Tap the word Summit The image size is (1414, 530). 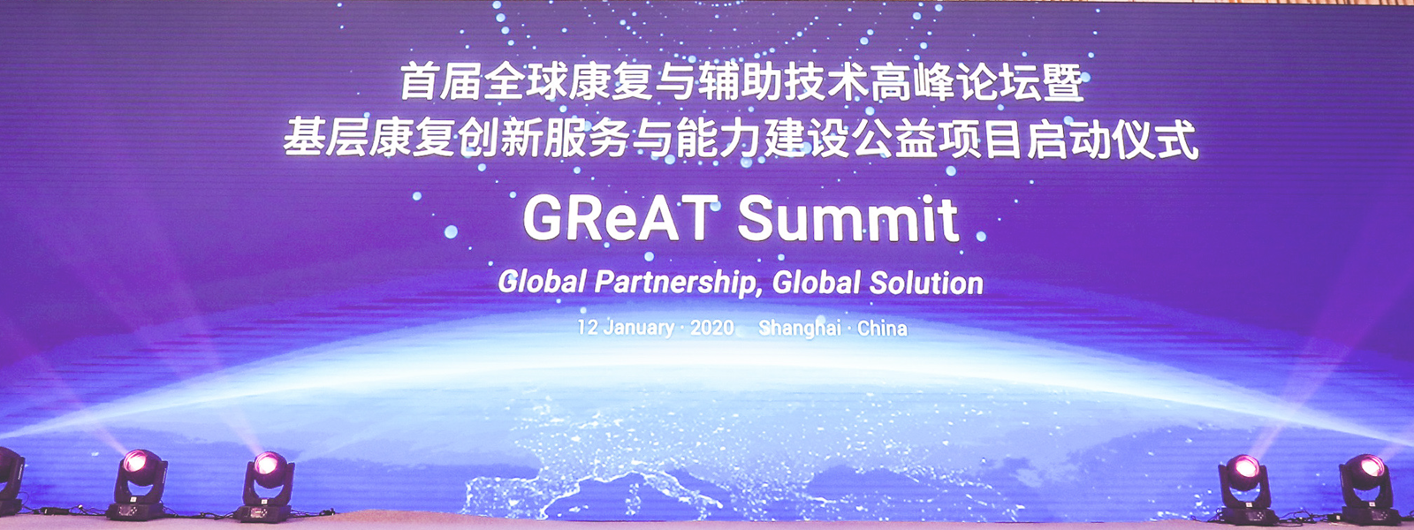[x=848, y=219]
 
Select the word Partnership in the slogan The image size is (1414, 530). [x=673, y=282]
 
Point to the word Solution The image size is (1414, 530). [x=926, y=283]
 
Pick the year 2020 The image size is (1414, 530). [x=712, y=328]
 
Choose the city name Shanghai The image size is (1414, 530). [x=800, y=329]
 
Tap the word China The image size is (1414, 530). [x=882, y=328]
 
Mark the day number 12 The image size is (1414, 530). [x=587, y=328]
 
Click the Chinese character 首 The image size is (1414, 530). [x=419, y=83]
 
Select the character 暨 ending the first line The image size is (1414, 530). [x=1064, y=83]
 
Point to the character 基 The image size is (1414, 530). [x=304, y=138]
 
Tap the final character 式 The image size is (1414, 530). [x=1178, y=139]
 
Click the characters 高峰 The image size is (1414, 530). [x=911, y=83]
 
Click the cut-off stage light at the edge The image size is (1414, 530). [x=10, y=481]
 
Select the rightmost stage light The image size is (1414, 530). [x=1365, y=489]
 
